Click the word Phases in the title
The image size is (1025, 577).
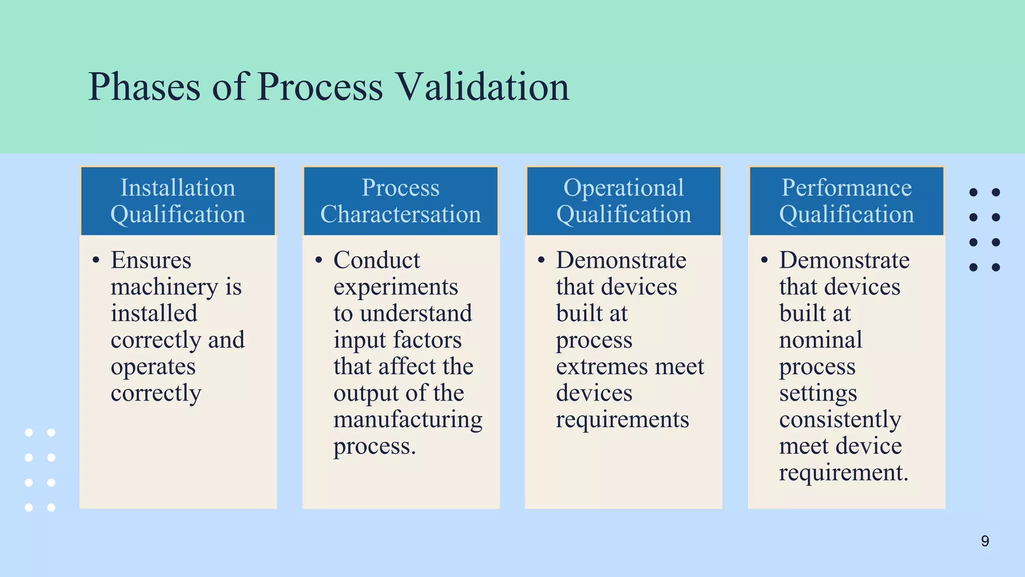(144, 87)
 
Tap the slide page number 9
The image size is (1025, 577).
(984, 541)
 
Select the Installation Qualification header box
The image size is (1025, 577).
(178, 201)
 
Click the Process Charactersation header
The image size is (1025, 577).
(400, 201)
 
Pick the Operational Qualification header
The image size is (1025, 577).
(623, 201)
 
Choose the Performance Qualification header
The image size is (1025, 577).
(846, 201)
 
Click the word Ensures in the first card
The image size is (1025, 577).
(151, 260)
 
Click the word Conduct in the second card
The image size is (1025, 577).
(377, 260)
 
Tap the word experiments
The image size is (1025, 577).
(395, 287)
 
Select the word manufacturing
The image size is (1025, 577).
(408, 419)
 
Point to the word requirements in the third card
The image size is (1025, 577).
(622, 419)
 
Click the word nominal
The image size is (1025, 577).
(820, 340)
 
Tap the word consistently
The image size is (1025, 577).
(840, 419)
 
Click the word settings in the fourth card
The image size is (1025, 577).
(818, 393)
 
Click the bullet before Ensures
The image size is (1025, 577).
(96, 260)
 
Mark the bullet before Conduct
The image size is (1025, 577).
(319, 260)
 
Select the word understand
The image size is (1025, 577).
(415, 314)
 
